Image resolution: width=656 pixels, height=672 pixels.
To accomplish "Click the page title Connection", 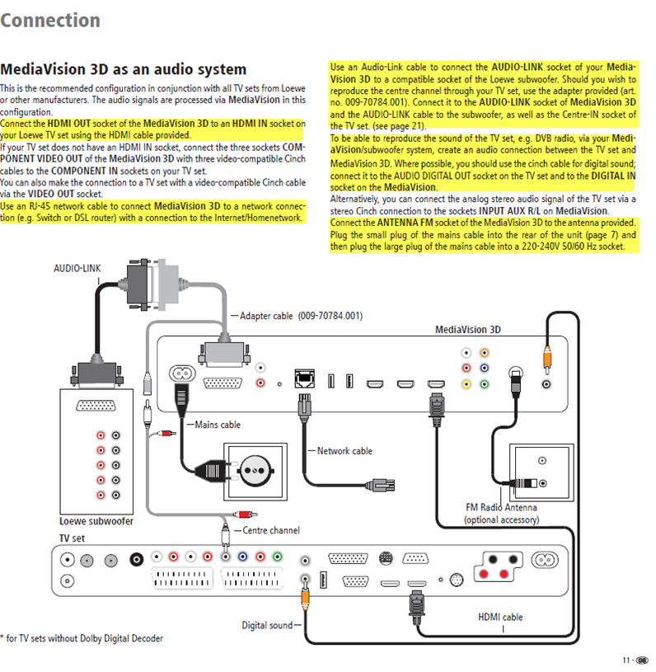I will [x=50, y=20].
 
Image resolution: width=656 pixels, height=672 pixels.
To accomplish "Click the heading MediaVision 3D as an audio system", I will [x=124, y=70].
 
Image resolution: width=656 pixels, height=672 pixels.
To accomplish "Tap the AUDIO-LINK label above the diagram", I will [x=77, y=268].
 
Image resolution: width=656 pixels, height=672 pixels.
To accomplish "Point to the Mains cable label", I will [x=218, y=425].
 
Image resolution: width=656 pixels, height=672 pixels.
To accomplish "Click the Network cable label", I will [x=344, y=451].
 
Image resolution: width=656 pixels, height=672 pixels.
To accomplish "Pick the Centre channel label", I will [x=271, y=530].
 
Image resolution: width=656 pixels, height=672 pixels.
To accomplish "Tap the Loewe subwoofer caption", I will [x=96, y=521].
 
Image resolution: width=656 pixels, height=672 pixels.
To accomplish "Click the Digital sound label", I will [x=267, y=625].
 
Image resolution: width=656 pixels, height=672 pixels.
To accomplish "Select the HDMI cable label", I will [x=500, y=617].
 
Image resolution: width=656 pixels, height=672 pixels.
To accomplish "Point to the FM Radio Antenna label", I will [x=501, y=508].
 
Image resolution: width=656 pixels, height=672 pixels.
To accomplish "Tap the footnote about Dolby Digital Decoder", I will [x=82, y=638].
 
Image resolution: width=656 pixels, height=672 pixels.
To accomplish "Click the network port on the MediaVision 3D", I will [x=305, y=380].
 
